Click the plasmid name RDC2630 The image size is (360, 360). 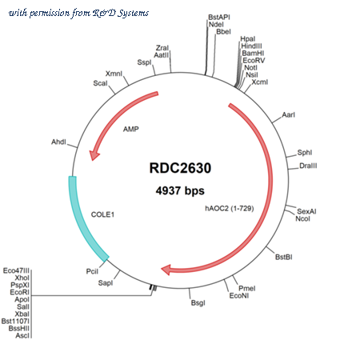(x=180, y=168)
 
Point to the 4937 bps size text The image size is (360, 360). (x=180, y=190)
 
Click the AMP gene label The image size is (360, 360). (x=131, y=129)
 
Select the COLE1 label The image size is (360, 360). (x=102, y=214)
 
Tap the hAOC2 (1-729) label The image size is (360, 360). (x=230, y=208)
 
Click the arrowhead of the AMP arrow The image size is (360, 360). (x=94, y=155)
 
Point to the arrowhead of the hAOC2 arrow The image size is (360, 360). (x=166, y=270)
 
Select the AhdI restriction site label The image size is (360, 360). (x=58, y=142)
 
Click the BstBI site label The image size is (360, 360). (x=284, y=257)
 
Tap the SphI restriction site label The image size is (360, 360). (x=305, y=153)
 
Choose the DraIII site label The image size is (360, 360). (x=308, y=166)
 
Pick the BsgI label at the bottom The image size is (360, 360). (x=198, y=303)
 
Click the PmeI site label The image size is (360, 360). (x=247, y=288)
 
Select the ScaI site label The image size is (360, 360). (x=100, y=83)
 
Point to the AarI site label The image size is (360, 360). (x=289, y=114)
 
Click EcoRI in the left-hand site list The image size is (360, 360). (x=20, y=292)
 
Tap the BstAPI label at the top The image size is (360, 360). (x=219, y=17)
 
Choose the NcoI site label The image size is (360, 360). (x=302, y=218)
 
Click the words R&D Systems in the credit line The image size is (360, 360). (x=121, y=13)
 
